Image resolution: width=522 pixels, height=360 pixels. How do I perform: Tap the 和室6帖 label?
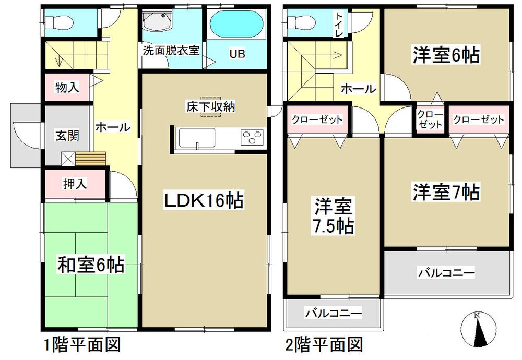pos(90,266)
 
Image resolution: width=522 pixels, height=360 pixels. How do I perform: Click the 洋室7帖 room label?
pos(447,192)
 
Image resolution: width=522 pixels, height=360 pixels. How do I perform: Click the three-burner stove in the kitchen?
pos(252,139)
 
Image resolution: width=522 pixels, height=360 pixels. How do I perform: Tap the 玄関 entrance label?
pos(67,136)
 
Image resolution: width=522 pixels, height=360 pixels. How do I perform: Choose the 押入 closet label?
pos(75,184)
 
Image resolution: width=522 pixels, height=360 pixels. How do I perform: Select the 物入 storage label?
pos(67,87)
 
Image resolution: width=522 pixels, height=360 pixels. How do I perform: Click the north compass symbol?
pos(477,328)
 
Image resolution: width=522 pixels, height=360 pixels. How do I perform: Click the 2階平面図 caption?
pos(323,345)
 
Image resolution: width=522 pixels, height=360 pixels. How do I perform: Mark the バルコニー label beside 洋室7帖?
pos(446,272)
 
